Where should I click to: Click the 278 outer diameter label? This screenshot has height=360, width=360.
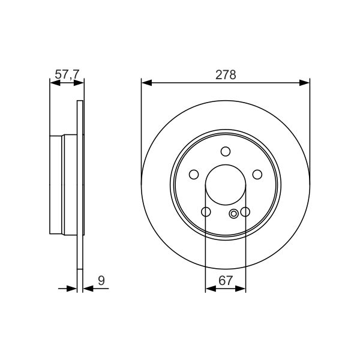pos(226,74)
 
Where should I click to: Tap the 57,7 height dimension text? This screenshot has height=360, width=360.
pos(66,74)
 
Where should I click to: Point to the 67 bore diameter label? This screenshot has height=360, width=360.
pos(226,280)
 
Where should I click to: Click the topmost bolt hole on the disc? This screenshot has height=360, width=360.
pos(226,152)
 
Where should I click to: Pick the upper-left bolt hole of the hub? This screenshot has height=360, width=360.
pos(194,175)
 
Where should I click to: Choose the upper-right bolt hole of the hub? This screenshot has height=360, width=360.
pos(257,175)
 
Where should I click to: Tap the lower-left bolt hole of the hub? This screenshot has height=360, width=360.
pos(206,212)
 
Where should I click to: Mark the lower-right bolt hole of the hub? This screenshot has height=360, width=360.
pos(245,212)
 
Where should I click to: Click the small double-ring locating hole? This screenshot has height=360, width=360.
pos(233,214)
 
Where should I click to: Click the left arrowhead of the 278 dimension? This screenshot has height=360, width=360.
pos(146,83)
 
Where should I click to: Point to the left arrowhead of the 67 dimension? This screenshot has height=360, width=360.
pos(210,289)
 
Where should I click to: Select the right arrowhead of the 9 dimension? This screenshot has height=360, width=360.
pos(88,289)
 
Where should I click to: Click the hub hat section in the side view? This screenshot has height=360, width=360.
pos(63,186)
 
